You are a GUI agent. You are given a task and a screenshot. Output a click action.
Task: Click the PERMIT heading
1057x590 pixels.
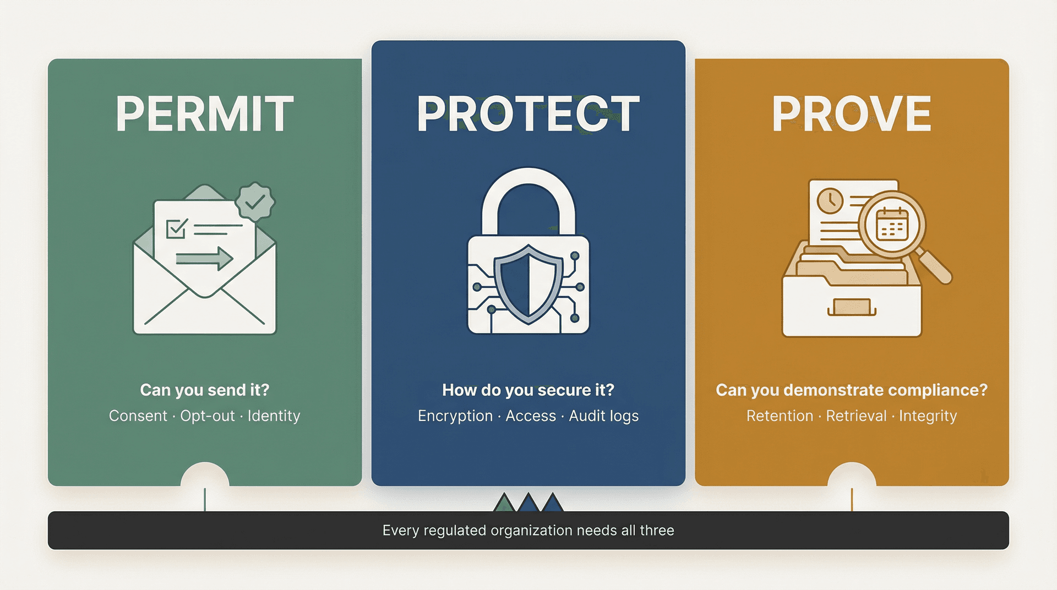[x=205, y=114]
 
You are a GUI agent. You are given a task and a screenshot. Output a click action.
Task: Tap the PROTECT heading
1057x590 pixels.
[x=528, y=114]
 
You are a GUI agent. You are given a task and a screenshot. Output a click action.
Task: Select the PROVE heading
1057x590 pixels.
[x=851, y=114]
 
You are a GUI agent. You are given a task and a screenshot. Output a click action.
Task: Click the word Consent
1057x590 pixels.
[x=138, y=416]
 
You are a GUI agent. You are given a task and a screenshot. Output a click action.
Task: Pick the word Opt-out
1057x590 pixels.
[x=208, y=416]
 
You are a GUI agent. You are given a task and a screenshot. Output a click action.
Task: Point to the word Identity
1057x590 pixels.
[x=274, y=416]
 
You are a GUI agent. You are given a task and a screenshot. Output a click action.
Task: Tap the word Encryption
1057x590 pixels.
[x=455, y=416]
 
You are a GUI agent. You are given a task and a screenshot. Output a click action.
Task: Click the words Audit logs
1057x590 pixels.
[x=603, y=416]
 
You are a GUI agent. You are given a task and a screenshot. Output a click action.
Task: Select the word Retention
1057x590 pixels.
[x=780, y=416]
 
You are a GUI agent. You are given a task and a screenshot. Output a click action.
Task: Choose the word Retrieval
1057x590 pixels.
[x=856, y=416]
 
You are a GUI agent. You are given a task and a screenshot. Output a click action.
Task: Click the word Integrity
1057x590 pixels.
[x=928, y=416]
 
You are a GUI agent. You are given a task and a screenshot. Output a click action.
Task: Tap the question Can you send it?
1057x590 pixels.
[x=205, y=390]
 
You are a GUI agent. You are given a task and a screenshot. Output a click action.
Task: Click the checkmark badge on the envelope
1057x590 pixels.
[x=255, y=202]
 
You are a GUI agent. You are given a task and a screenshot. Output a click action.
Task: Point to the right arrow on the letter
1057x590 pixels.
[x=205, y=258]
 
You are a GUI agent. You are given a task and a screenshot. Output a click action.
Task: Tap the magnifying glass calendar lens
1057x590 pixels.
[x=892, y=225]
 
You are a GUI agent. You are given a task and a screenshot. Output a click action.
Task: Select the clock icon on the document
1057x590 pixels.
[x=830, y=201]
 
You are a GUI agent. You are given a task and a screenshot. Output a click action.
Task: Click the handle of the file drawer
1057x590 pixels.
[x=852, y=308]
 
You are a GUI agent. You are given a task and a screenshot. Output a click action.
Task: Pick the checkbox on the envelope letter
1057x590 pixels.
[x=176, y=228]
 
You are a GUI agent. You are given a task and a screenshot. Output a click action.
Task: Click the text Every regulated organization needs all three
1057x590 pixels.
[x=528, y=531]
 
